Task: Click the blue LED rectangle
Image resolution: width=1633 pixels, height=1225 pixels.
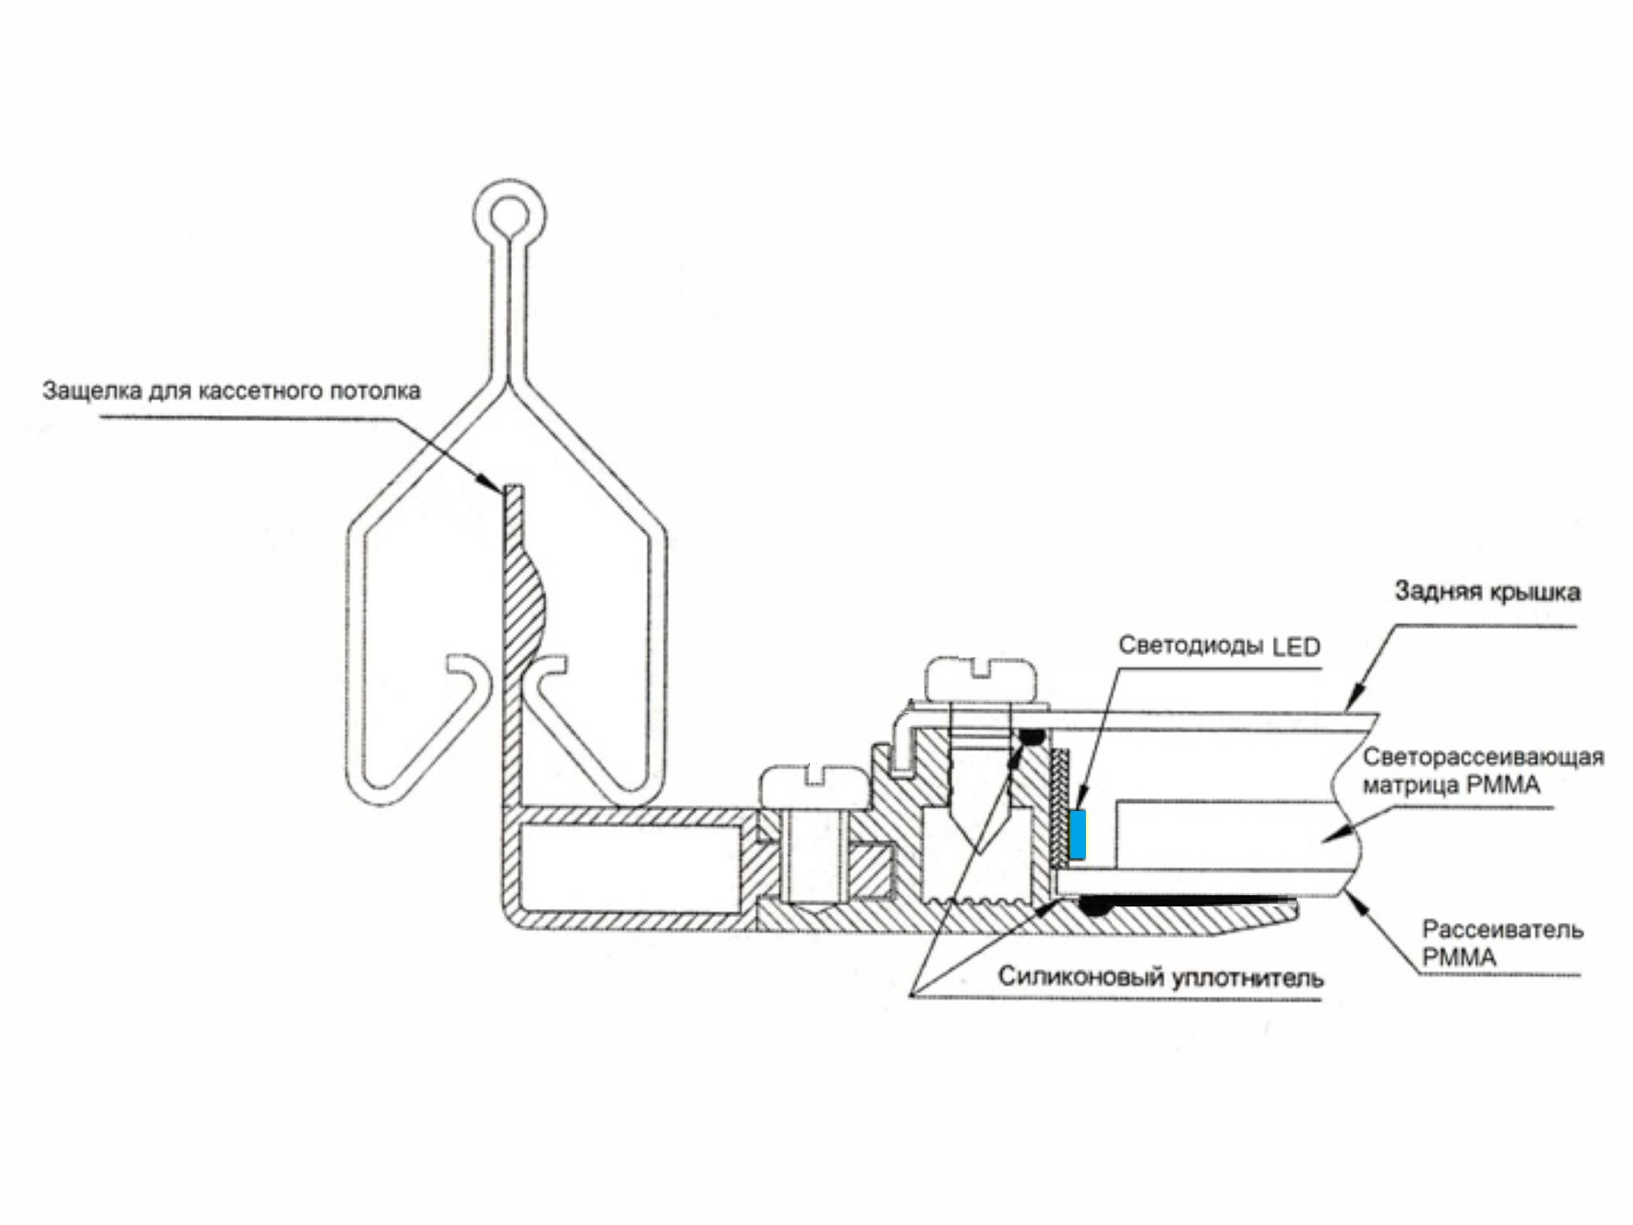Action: click(1078, 835)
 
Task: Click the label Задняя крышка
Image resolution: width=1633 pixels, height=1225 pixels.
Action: click(1487, 591)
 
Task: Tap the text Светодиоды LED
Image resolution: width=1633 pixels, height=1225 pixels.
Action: click(1219, 646)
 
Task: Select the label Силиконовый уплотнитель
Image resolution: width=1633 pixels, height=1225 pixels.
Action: click(1160, 978)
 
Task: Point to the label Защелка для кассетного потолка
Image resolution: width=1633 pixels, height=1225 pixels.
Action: click(232, 390)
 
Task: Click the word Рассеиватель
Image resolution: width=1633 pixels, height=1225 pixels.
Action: click(1502, 929)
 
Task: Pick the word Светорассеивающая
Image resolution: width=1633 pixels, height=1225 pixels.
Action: click(1484, 757)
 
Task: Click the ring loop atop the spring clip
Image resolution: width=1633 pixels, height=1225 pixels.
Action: click(509, 214)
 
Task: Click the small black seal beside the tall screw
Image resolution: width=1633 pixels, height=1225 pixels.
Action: click(1032, 737)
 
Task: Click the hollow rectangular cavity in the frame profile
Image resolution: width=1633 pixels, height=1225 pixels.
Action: click(630, 868)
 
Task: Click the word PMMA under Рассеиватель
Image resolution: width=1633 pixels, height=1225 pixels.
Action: click(1459, 957)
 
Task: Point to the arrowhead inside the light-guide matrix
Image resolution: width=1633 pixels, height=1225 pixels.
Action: click(1332, 835)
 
